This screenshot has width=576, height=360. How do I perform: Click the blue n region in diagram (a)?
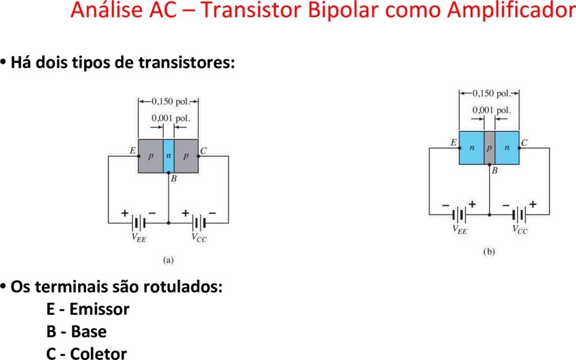click(x=169, y=156)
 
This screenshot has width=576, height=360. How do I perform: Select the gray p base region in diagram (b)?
click(x=489, y=148)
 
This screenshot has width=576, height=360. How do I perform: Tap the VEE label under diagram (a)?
click(x=139, y=238)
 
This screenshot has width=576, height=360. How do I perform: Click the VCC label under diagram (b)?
click(x=520, y=229)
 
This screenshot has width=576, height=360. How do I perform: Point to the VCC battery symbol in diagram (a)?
click(x=199, y=223)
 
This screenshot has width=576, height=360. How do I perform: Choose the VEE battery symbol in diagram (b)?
click(x=460, y=214)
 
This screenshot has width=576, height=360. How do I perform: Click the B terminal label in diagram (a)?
click(x=174, y=179)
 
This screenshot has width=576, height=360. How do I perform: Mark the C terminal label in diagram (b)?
click(x=524, y=143)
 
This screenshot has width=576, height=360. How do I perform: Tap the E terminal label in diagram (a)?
click(x=132, y=151)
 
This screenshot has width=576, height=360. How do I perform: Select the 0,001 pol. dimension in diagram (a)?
click(x=171, y=118)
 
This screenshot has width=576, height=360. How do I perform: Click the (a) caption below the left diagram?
click(x=169, y=260)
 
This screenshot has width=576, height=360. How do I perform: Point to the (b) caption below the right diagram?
click(x=489, y=252)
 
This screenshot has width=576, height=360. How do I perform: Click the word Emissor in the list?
click(x=99, y=309)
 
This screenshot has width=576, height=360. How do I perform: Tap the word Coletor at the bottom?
click(x=99, y=353)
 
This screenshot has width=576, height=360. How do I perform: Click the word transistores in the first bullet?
click(x=187, y=63)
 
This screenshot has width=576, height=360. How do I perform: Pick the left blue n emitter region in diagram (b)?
click(x=472, y=148)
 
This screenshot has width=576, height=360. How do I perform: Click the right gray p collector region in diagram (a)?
click(x=186, y=156)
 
